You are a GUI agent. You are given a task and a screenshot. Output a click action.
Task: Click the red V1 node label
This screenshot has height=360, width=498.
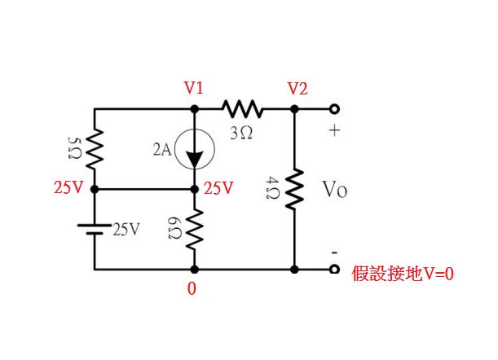(194, 88)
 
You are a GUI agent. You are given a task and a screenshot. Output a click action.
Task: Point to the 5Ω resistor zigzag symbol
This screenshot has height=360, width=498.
(95, 149)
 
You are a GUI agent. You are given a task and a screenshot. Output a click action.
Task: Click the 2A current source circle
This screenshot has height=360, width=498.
(194, 150)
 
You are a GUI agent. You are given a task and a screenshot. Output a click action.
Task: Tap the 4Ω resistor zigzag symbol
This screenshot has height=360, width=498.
(294, 190)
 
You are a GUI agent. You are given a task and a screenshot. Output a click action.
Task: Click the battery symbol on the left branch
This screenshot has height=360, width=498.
(95, 229)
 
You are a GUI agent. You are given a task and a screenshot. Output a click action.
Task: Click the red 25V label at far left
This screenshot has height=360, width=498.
(68, 188)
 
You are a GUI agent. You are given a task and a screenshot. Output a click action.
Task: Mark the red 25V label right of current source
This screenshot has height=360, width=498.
(218, 188)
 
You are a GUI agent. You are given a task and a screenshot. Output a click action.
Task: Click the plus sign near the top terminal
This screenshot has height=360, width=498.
(333, 131)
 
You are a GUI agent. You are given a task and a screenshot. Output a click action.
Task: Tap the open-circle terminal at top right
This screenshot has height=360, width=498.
(333, 108)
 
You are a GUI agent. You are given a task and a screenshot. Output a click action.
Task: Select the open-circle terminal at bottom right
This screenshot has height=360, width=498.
(333, 269)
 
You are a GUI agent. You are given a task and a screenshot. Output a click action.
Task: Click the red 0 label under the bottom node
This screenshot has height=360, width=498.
(192, 289)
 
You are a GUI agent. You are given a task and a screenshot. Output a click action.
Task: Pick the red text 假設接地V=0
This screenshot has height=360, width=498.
(402, 274)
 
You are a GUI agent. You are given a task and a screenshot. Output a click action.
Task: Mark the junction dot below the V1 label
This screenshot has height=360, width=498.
(194, 108)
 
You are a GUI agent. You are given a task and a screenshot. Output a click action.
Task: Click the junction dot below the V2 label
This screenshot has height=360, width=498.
(294, 108)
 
